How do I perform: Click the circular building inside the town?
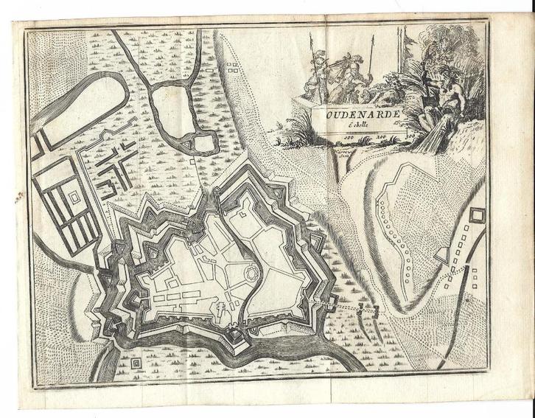(x=252, y=274)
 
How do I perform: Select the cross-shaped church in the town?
(x=220, y=304)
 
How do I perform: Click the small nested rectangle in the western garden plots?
(x=74, y=198)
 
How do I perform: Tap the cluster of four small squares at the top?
(x=232, y=69)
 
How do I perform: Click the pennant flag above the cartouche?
(x=405, y=34)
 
